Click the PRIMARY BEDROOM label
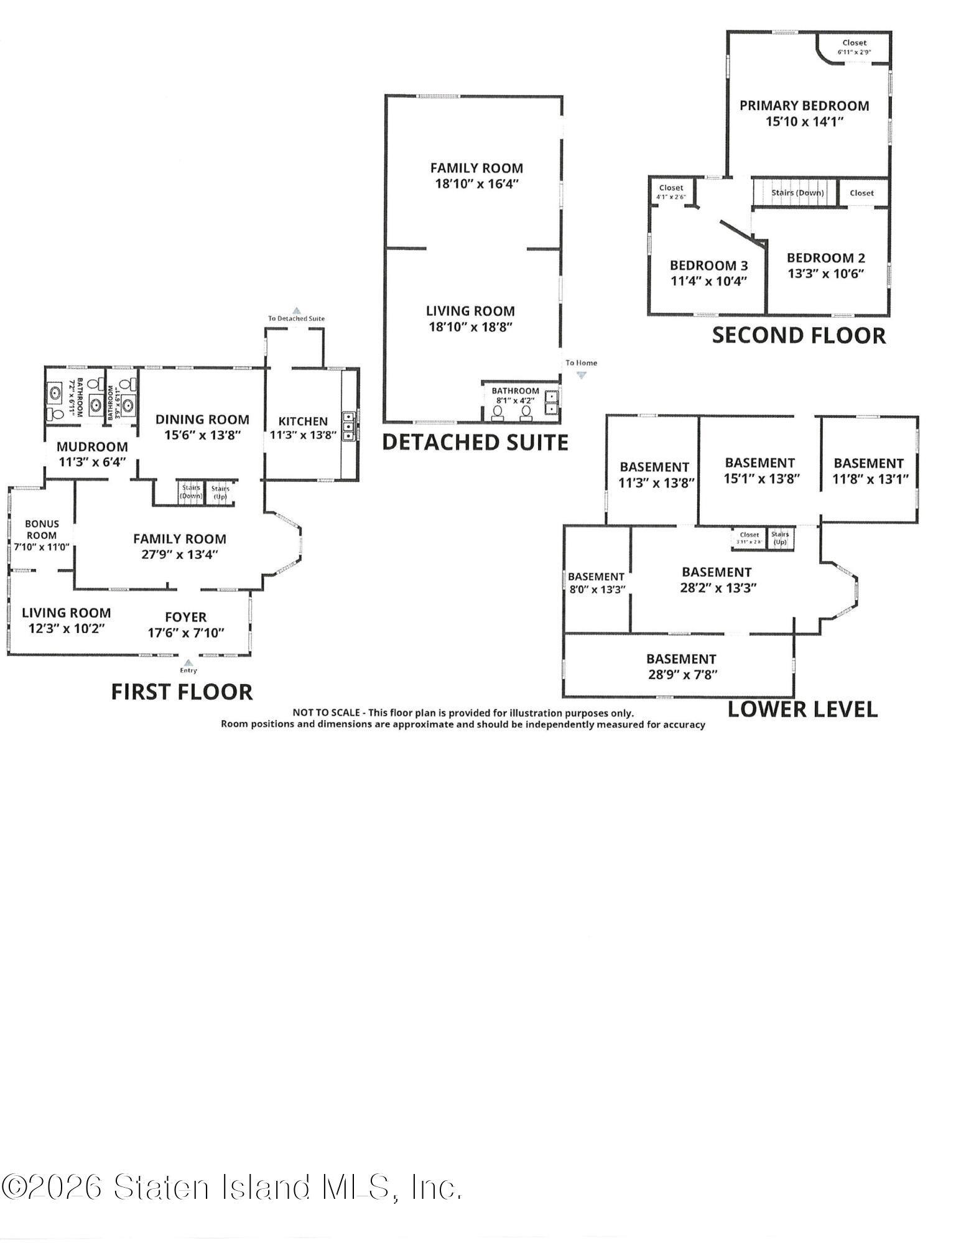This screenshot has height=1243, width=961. (804, 106)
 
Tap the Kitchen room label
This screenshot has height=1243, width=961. (302, 421)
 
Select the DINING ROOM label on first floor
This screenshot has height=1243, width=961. (202, 420)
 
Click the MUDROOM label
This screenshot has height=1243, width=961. (92, 446)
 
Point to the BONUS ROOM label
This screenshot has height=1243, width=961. (42, 529)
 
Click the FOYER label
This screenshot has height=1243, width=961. (185, 617)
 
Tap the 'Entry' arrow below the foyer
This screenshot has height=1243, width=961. (188, 662)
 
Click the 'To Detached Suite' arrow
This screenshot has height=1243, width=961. (297, 310)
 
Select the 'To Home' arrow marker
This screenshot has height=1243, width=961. (582, 375)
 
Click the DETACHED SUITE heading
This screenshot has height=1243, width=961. (475, 442)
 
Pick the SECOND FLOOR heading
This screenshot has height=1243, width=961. (799, 335)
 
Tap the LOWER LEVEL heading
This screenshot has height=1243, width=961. (802, 709)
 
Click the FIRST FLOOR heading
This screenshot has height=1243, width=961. (182, 692)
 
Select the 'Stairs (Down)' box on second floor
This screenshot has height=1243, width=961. (797, 193)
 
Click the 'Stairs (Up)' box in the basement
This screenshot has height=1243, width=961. (780, 538)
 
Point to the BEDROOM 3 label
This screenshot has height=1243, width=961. (708, 266)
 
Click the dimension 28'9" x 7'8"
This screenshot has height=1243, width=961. (683, 675)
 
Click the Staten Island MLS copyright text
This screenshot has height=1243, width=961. (231, 1186)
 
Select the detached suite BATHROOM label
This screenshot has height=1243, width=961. (516, 390)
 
